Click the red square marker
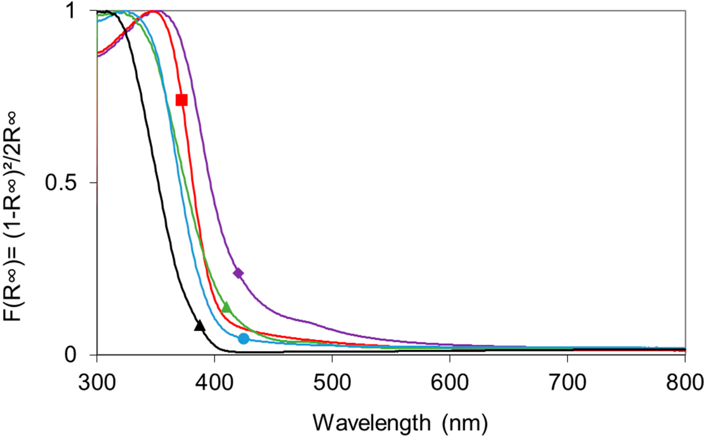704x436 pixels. coord(182,100)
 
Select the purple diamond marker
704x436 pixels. coord(238,273)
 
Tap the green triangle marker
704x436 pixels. coord(227,307)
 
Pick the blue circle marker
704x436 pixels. coord(244,338)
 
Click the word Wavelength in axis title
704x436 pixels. coord(372,423)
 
